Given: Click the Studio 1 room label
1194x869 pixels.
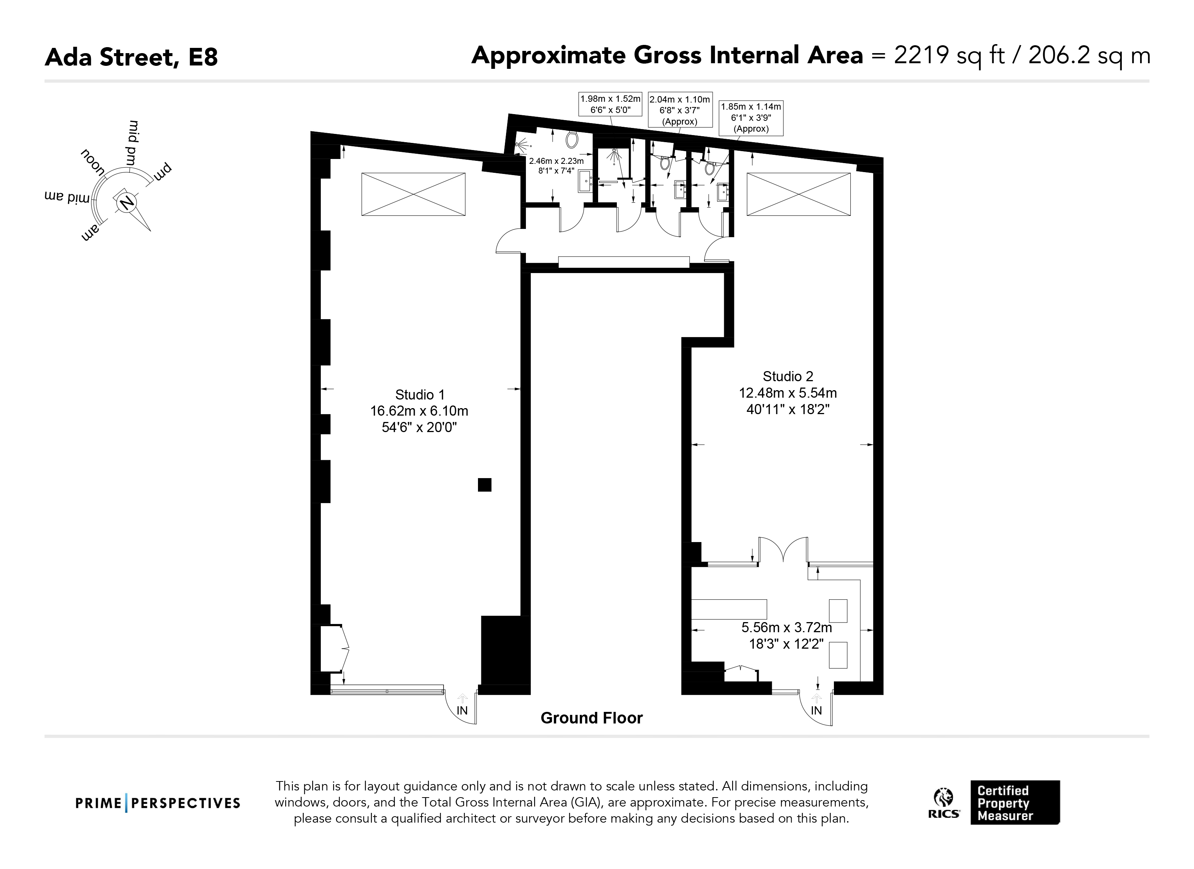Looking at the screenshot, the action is tap(420, 395).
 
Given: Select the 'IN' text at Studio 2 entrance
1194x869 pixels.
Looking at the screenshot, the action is tap(816, 711).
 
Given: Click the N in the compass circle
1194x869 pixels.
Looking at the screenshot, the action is tap(127, 202).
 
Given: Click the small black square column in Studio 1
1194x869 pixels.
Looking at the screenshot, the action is tap(484, 484).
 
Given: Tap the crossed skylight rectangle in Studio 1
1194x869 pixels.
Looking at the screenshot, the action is tap(413, 194).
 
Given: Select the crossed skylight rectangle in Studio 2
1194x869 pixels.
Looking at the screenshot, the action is tap(799, 194).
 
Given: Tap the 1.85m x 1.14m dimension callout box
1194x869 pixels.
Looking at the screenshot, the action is tap(751, 118).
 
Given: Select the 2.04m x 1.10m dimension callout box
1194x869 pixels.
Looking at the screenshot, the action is tap(680, 110).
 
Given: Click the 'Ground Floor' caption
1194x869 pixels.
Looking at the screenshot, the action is tap(592, 718).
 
